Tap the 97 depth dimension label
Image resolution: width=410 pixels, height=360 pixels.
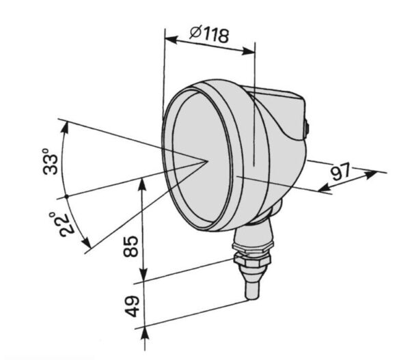[x=340, y=171]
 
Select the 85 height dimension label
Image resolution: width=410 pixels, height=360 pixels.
[x=131, y=247]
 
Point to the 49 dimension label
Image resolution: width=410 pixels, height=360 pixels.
[x=131, y=307]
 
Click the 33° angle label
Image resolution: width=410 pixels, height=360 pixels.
[x=50, y=161]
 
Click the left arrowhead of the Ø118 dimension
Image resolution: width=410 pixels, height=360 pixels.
[x=172, y=40]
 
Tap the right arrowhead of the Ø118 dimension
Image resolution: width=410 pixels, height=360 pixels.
[x=249, y=51]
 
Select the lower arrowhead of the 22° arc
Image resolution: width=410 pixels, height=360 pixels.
[x=87, y=242]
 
